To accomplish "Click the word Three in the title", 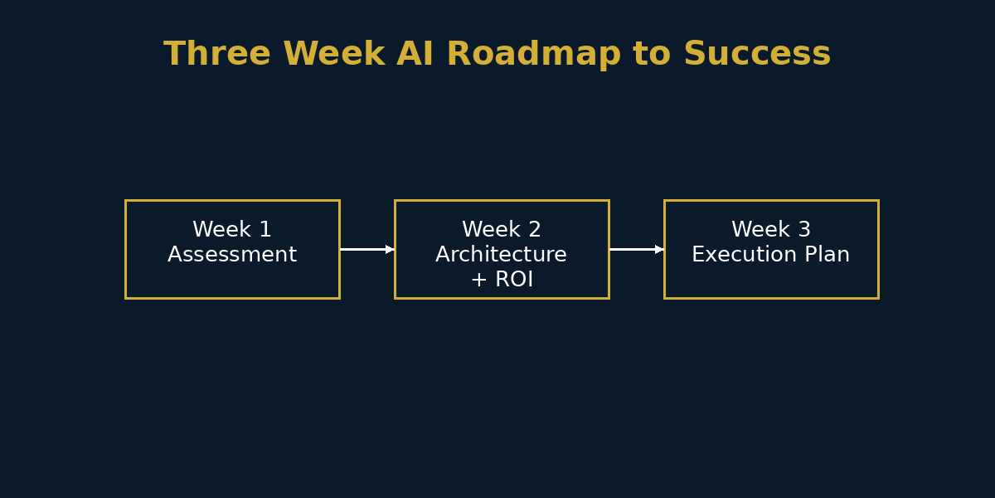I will [x=216, y=55].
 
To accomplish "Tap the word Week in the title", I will [x=333, y=55].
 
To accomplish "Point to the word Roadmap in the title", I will [x=533, y=55].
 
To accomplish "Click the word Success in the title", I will [x=757, y=55].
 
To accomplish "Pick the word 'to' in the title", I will [x=652, y=55].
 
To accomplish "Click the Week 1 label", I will [x=232, y=230].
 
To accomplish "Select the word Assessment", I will [x=232, y=255].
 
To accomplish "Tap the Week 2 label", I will [x=502, y=230].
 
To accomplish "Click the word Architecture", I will [x=502, y=255].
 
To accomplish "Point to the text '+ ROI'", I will [x=502, y=280].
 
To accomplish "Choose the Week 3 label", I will [x=771, y=230].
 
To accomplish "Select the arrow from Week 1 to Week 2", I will [x=365, y=249].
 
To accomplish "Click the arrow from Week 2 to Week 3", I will [x=634, y=249].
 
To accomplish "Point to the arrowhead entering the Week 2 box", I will [x=390, y=249].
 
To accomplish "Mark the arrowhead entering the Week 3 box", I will [x=659, y=249].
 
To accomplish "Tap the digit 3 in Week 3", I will [x=804, y=230].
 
